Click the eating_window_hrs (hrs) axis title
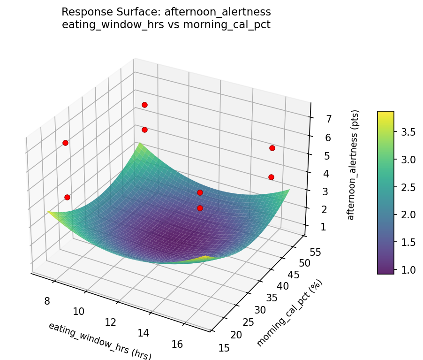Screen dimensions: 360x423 tap(99, 341)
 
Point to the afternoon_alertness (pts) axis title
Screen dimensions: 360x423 tap(355, 165)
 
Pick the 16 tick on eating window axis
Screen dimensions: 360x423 tap(177, 344)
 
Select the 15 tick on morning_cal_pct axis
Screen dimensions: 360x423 tap(224, 348)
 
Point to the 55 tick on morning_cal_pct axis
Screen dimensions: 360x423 tap(315, 253)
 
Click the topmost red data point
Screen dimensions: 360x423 tap(144, 105)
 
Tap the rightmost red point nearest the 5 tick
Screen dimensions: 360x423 tap(272, 148)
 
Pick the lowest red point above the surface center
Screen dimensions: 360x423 tap(200, 208)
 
